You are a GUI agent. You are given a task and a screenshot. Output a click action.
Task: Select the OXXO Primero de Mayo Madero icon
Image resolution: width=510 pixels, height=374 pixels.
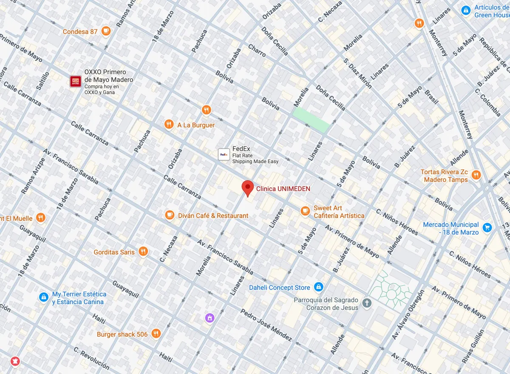(x=76, y=81)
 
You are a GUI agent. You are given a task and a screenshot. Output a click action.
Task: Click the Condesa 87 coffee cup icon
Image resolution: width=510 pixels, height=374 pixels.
(x=106, y=31)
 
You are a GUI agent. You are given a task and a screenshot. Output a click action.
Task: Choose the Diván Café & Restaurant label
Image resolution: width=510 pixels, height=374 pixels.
(x=213, y=215)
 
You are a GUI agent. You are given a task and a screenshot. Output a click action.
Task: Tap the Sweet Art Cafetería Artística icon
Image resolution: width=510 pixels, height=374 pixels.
(x=305, y=211)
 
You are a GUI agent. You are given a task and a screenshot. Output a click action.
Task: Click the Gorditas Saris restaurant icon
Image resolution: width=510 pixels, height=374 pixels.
(x=143, y=252)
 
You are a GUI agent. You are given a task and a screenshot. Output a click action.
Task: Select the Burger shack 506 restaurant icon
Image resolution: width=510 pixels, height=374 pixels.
(x=156, y=334)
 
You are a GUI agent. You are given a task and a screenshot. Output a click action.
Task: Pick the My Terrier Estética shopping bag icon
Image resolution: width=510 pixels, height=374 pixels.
(x=43, y=297)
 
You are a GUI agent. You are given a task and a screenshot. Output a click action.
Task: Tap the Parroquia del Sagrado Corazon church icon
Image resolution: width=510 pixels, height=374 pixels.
(x=367, y=303)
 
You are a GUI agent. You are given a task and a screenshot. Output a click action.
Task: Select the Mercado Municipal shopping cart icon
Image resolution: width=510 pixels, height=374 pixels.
(x=487, y=228)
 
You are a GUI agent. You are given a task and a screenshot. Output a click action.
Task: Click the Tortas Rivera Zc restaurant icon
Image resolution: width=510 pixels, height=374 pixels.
(x=476, y=175)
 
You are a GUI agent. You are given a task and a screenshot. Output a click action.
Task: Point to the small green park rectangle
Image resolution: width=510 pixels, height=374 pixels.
(x=311, y=119)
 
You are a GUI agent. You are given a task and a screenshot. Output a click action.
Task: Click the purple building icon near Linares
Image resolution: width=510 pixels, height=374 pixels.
(x=209, y=317)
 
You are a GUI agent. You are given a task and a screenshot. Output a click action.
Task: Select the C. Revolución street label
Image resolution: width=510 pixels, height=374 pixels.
(x=91, y=358)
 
